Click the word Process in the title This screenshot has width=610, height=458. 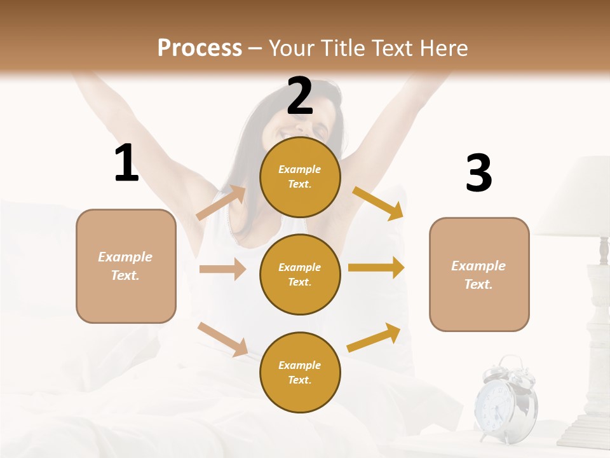[200, 48]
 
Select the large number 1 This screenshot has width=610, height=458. [126, 163]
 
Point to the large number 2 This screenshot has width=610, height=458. [300, 97]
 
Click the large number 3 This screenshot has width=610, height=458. [478, 173]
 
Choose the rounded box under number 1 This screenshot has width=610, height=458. [126, 266]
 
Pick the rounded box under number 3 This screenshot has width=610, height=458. [479, 274]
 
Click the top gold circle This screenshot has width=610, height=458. [300, 177]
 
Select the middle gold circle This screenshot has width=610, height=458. [300, 274]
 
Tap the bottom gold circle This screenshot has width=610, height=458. [300, 372]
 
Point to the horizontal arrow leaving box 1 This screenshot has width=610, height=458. [222, 269]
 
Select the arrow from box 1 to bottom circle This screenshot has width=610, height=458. [222, 339]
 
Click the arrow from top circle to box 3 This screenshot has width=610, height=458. [378, 203]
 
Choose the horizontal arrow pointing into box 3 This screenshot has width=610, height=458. [376, 267]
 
